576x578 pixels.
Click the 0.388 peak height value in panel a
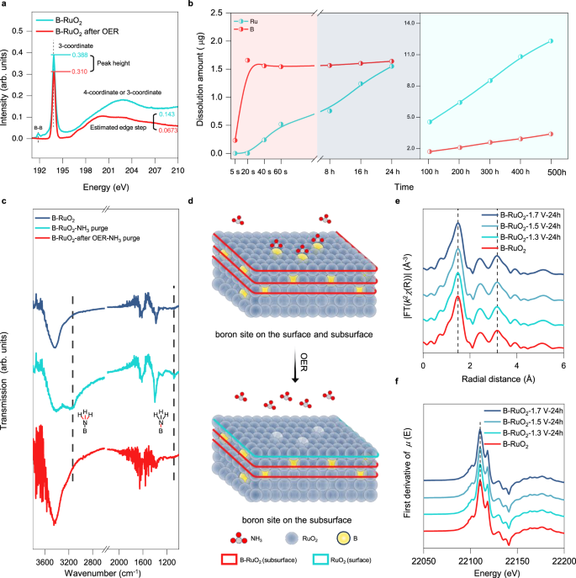80,55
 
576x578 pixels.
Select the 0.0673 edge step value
168,130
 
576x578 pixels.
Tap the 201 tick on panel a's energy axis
108,170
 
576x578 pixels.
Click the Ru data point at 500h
551,41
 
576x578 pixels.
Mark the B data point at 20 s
248,60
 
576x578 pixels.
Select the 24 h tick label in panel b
392,172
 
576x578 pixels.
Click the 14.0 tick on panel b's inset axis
410,23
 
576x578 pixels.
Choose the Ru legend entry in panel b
246,21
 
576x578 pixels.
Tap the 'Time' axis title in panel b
404,187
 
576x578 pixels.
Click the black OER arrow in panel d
295,366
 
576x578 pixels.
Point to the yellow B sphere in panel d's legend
343,538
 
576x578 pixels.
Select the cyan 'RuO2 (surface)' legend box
320,559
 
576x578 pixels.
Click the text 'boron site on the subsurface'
297,520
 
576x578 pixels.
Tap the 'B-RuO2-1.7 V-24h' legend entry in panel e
521,215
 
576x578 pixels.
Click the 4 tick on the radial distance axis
516,366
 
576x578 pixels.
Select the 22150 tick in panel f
517,561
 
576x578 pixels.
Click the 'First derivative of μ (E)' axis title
407,473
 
